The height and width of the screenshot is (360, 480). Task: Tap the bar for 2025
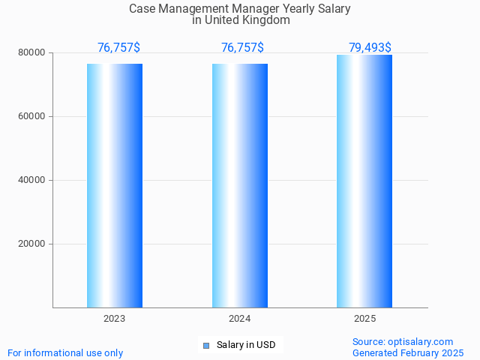click(x=364, y=181)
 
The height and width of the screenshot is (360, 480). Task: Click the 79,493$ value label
click(x=370, y=48)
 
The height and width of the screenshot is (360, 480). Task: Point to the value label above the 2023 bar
click(x=118, y=48)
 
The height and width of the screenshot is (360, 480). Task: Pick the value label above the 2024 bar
click(x=242, y=48)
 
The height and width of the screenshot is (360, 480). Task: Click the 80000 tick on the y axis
click(x=31, y=52)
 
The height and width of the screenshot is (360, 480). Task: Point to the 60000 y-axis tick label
click(x=31, y=116)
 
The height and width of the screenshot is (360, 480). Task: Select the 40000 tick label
click(x=31, y=180)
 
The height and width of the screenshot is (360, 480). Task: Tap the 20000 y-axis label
click(x=31, y=244)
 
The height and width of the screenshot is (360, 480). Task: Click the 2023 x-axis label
click(x=115, y=319)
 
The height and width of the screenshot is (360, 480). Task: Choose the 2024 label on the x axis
click(x=240, y=319)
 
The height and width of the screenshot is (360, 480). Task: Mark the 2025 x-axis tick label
click(x=364, y=319)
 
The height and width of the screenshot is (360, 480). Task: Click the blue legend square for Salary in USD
click(x=206, y=345)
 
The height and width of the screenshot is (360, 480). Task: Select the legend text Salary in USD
click(x=246, y=345)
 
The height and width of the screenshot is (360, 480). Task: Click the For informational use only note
click(x=65, y=352)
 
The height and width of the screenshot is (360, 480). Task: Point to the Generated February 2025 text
click(x=408, y=352)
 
